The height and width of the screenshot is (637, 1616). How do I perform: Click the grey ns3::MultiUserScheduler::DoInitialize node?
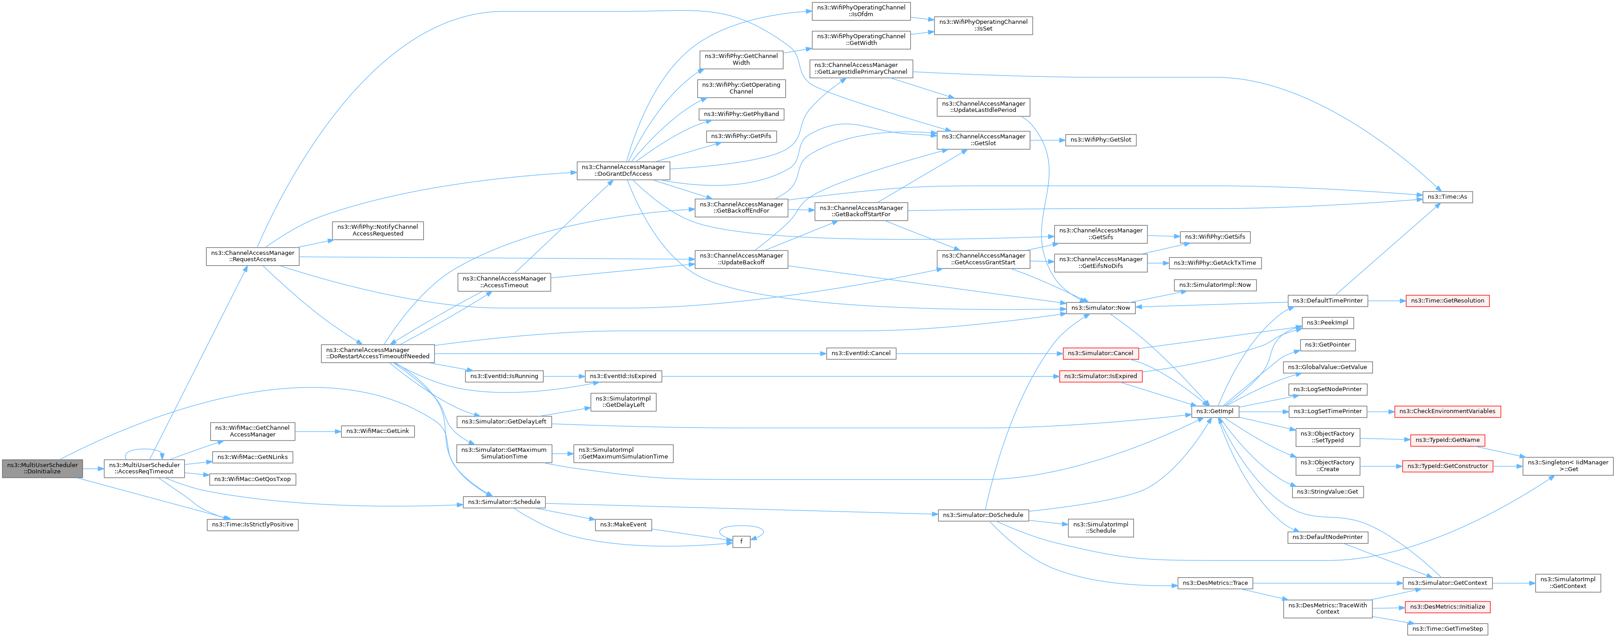42,468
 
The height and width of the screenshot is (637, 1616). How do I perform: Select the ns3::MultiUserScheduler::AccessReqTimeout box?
144,468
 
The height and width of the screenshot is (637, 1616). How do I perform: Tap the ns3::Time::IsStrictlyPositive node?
252,525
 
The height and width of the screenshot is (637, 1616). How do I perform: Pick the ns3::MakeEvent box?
623,525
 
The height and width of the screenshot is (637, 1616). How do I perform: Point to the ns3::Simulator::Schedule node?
504,502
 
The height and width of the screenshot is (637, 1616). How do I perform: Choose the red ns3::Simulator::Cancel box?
1100,353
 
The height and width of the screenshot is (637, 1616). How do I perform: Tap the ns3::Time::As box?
1447,197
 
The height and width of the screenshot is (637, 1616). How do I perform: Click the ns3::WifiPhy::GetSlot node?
1100,140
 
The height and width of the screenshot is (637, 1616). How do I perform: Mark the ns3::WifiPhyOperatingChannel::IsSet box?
983,26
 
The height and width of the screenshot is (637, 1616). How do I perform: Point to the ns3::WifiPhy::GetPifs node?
741,136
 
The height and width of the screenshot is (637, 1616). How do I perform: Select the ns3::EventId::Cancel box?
861,353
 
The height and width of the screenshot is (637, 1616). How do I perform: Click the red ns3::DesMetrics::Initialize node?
1447,607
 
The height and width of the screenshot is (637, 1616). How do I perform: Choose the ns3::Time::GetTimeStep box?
1447,629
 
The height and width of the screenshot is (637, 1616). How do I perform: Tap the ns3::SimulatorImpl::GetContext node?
1567,583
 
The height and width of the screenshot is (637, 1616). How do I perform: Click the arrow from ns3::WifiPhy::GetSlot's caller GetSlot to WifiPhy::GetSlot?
1047,140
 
